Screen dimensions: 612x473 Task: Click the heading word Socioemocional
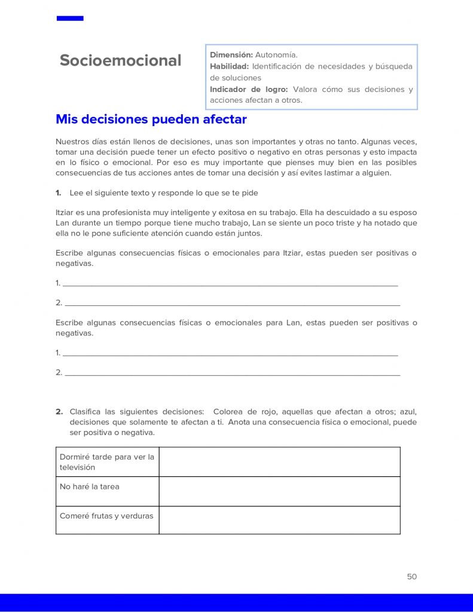point(120,60)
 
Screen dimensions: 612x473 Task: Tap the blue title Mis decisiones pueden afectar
point(151,119)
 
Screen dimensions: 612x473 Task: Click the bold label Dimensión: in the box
point(231,55)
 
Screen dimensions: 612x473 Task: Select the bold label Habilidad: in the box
point(230,66)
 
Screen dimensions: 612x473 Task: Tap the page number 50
point(411,577)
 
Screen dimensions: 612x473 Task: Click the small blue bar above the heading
point(70,19)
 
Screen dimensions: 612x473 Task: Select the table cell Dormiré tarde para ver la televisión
point(107,462)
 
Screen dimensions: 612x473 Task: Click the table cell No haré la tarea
point(90,486)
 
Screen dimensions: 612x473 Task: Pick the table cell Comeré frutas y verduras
point(106,516)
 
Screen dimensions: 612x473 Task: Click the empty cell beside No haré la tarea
point(279,491)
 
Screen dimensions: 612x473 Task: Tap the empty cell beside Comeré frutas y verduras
point(279,520)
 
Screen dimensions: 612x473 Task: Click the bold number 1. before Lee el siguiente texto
point(59,192)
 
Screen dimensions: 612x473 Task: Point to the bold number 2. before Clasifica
point(59,411)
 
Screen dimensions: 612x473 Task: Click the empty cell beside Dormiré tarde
point(279,462)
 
